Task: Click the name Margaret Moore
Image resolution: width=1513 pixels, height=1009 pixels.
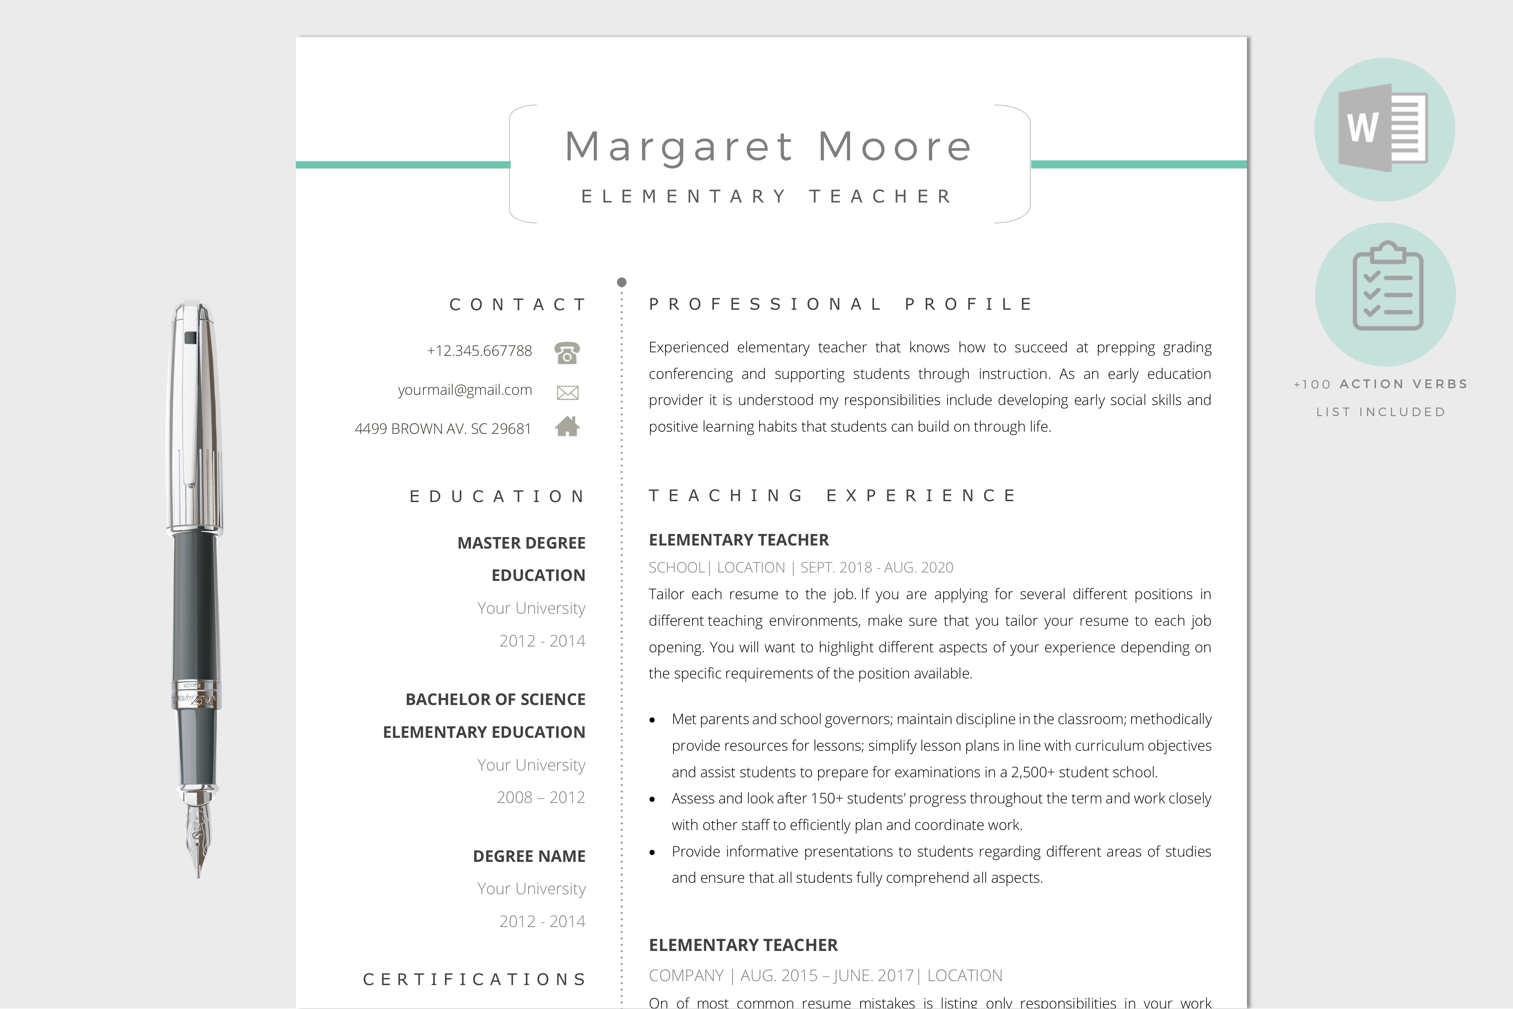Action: click(768, 147)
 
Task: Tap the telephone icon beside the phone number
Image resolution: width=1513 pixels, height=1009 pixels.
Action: click(567, 353)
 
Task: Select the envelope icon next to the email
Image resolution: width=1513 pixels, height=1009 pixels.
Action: click(567, 392)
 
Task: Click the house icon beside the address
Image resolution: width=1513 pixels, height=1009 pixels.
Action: click(567, 427)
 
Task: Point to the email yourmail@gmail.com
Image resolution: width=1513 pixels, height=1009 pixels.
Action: click(465, 390)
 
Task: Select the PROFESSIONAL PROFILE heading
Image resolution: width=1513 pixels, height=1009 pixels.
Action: click(840, 304)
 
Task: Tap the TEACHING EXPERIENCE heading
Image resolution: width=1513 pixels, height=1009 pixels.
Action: click(832, 495)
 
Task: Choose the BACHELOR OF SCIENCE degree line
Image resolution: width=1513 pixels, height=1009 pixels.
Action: click(495, 700)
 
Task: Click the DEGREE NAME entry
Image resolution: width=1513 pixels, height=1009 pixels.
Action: click(529, 857)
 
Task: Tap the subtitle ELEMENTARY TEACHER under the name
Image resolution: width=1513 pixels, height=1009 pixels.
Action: click(766, 197)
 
